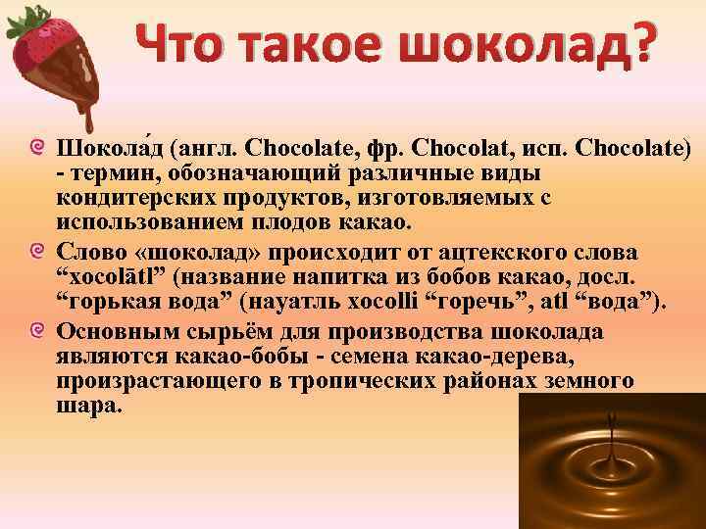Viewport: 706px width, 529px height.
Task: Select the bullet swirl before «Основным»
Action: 36,332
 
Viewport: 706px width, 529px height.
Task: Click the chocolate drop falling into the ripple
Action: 611,441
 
